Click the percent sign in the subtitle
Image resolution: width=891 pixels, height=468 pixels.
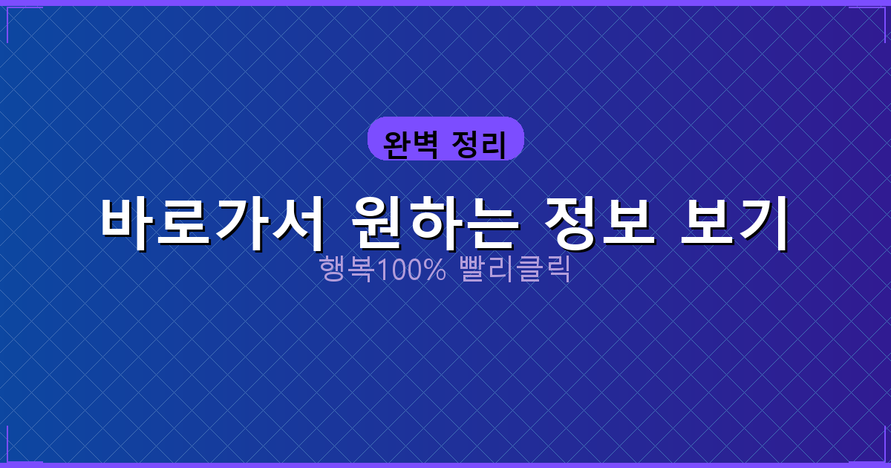coord(435,269)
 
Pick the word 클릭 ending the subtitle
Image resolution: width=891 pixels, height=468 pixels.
coord(546,269)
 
